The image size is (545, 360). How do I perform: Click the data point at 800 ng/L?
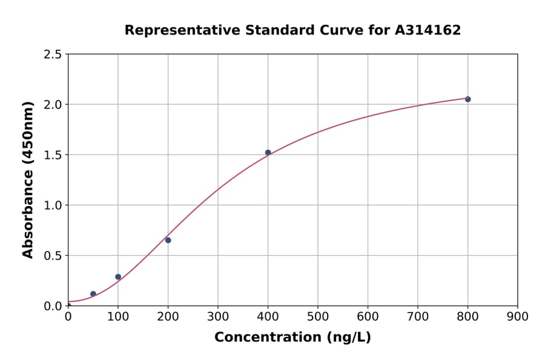coord(467,99)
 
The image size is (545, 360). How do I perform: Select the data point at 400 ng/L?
coord(268,152)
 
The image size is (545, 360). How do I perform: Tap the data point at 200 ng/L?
coord(168,240)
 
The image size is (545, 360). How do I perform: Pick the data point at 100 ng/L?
coord(118,276)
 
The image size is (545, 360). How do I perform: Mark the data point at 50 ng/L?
coord(93,294)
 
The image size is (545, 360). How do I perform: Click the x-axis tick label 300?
coord(218,316)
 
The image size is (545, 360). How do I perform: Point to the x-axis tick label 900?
coord(518,316)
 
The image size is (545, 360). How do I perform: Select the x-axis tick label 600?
coord(368,316)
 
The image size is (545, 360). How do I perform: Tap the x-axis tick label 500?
coord(318,316)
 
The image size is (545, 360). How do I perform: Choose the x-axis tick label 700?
coord(418,316)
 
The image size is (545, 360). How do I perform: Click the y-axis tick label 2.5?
coord(53,55)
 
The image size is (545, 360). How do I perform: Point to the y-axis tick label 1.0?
coord(53,205)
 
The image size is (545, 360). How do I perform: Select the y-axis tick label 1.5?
coord(53,155)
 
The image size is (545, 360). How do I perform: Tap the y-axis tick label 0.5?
coord(53,256)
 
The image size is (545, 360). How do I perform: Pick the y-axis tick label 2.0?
coord(53,105)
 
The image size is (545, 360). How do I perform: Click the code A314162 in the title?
coord(428,30)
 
